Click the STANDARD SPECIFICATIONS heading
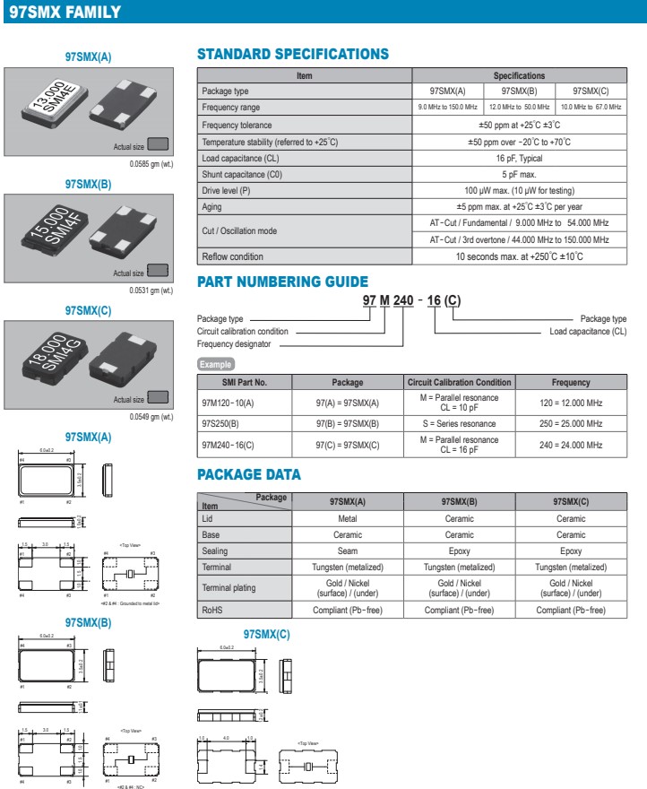click(292, 54)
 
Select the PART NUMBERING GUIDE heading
click(282, 282)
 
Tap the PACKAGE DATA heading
click(249, 474)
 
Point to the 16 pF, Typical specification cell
click(519, 158)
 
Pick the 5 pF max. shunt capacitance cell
click(519, 174)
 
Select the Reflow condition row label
click(233, 256)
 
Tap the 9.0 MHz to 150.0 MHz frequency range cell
click(447, 108)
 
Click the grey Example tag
click(215, 364)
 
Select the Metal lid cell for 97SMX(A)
click(348, 518)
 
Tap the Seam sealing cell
click(348, 551)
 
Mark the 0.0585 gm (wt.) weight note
click(151, 164)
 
